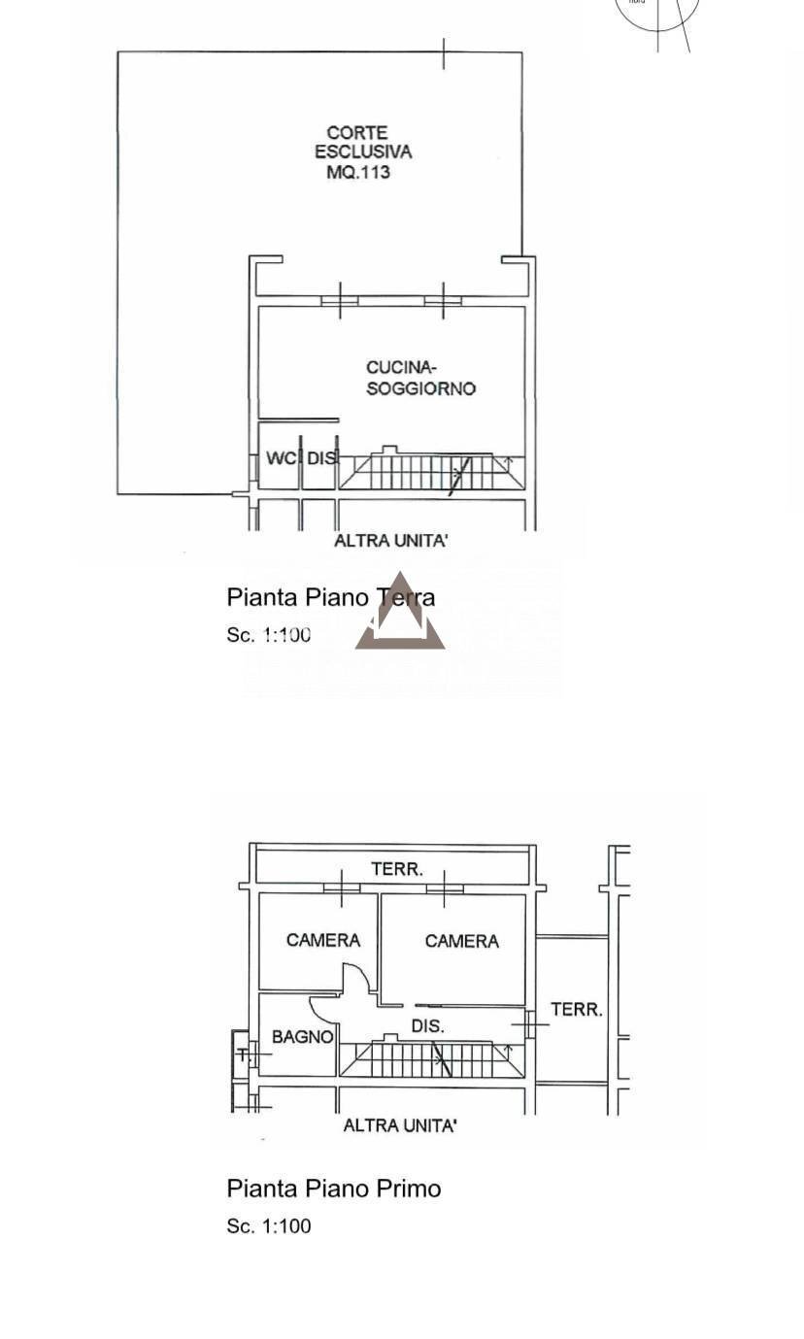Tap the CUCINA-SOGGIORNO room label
pyautogui.click(x=420, y=378)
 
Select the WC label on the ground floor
pyautogui.click(x=282, y=458)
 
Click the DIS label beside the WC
pyautogui.click(x=322, y=458)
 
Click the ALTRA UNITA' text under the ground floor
pyautogui.click(x=390, y=541)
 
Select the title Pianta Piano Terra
pyautogui.click(x=330, y=597)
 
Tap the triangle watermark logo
pyautogui.click(x=400, y=619)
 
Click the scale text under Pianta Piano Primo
pyautogui.click(x=269, y=1226)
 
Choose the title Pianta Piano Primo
pyautogui.click(x=334, y=1188)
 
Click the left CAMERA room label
pyautogui.click(x=323, y=940)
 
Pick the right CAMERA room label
pyautogui.click(x=462, y=941)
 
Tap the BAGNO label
pyautogui.click(x=302, y=1037)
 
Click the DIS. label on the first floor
pyautogui.click(x=428, y=1026)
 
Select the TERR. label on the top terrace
pyautogui.click(x=397, y=869)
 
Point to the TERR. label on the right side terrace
pyautogui.click(x=577, y=1010)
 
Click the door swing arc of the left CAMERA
pyautogui.click(x=357, y=975)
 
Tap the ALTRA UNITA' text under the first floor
pyautogui.click(x=400, y=1125)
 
